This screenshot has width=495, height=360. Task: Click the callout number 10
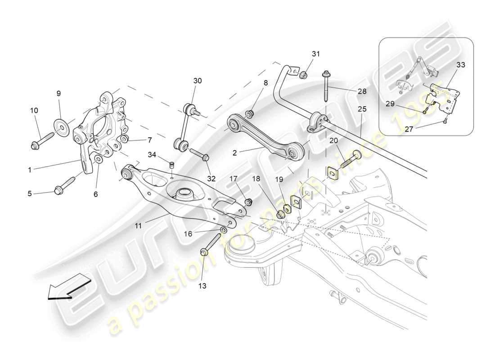point(34,110)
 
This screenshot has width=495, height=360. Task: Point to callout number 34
point(152,155)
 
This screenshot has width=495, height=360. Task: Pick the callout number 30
point(198,81)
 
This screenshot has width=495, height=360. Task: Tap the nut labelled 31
point(304,74)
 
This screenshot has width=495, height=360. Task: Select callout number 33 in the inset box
point(460,65)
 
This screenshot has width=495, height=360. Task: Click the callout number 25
point(362,109)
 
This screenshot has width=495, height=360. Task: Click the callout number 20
point(333,140)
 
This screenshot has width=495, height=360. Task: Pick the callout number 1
point(30,170)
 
